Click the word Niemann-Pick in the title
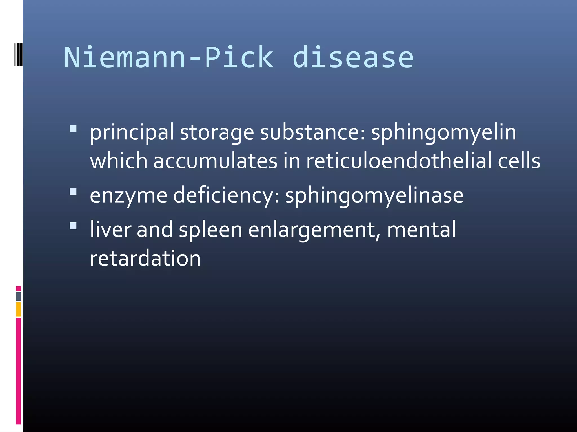click(168, 58)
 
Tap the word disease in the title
click(353, 58)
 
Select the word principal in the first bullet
click(132, 133)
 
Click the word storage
click(217, 133)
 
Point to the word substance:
click(312, 132)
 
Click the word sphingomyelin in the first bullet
click(443, 133)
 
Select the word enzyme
click(128, 196)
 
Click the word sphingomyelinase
click(374, 196)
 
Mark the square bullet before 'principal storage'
click(73, 129)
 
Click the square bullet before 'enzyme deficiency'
click(73, 192)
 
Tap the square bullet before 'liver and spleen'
click(73, 226)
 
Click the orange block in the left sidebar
click(18, 309)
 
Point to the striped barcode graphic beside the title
click(18, 54)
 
